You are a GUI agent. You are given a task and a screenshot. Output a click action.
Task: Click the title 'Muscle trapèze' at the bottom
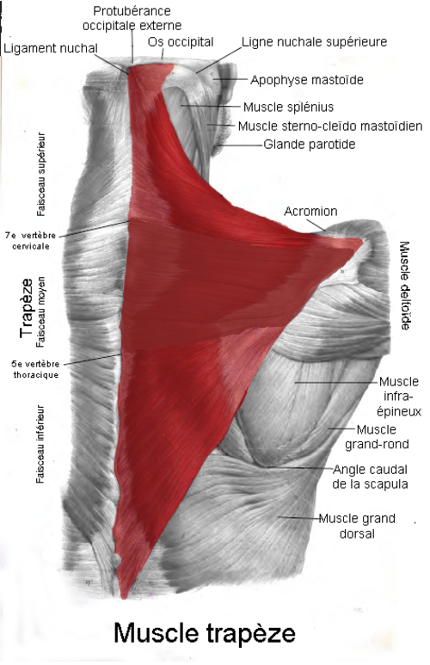(x=205, y=634)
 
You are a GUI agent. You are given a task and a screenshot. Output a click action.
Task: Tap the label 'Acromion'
(x=310, y=212)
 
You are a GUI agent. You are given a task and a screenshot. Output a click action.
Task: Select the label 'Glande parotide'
(x=309, y=145)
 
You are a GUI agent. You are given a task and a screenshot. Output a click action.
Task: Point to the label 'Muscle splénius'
(x=288, y=107)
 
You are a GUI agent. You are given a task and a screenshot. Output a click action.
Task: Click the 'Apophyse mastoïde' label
(x=307, y=80)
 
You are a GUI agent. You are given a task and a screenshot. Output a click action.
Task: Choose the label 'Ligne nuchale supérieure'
(x=314, y=41)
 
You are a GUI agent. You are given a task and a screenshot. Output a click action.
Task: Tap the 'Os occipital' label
(x=181, y=42)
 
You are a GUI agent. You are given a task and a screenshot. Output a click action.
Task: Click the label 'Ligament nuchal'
(x=51, y=48)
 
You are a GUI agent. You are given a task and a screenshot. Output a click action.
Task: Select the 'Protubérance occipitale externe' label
(x=132, y=18)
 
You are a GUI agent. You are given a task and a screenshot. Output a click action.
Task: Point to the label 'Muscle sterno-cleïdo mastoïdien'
(x=330, y=126)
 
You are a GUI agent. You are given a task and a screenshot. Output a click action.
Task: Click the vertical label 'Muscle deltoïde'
(x=405, y=286)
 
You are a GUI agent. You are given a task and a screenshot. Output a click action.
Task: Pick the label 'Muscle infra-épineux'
(x=399, y=397)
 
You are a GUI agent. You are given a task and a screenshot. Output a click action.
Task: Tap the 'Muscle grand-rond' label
(x=377, y=437)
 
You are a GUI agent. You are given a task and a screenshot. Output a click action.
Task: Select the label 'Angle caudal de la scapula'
(x=370, y=477)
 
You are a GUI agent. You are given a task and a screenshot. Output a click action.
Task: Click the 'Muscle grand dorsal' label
(x=357, y=526)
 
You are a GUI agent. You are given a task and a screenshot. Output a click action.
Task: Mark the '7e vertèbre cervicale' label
(x=31, y=241)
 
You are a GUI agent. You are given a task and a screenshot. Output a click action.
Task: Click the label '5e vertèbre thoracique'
(x=35, y=369)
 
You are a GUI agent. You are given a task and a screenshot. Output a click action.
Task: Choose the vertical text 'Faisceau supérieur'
(x=40, y=175)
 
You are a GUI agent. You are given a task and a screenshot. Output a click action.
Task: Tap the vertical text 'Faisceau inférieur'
(x=40, y=444)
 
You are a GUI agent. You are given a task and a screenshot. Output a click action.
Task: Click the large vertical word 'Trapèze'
(x=27, y=308)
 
